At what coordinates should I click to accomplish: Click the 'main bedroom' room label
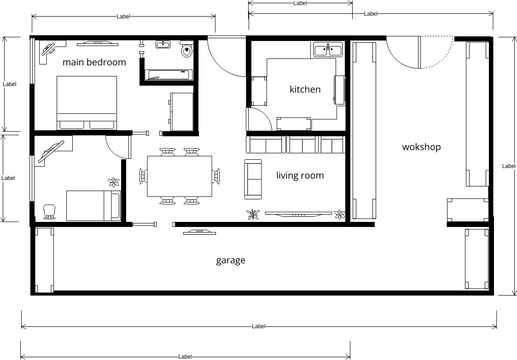click(94, 62)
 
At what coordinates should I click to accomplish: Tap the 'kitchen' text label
click(305, 89)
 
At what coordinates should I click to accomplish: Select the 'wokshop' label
click(421, 147)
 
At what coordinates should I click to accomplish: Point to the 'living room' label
click(300, 176)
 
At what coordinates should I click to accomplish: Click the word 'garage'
click(230, 261)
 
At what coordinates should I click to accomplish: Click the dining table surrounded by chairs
click(180, 177)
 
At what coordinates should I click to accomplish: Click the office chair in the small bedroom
click(49, 210)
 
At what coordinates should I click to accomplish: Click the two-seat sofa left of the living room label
click(253, 176)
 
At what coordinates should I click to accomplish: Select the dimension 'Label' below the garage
click(258, 326)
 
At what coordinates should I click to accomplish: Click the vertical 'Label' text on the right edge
click(508, 165)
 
